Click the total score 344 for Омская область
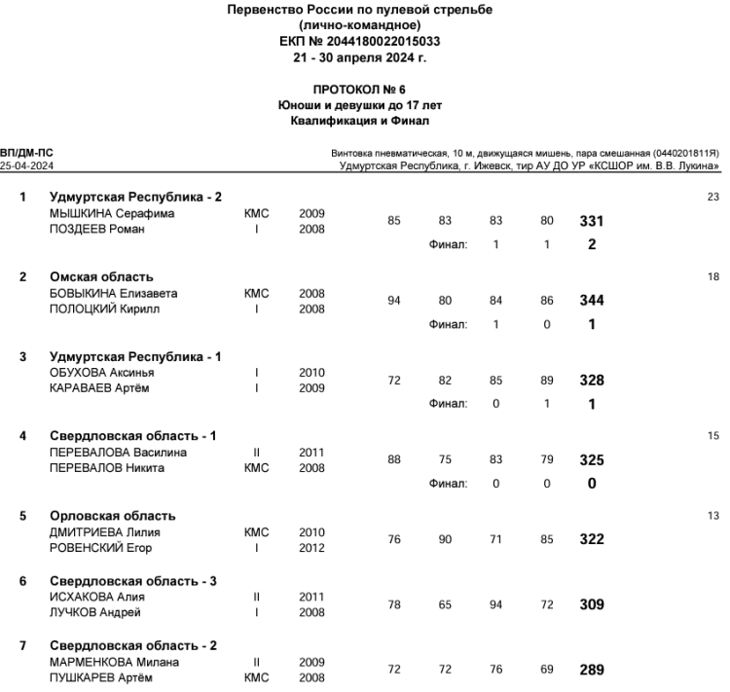591,301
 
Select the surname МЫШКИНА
83,213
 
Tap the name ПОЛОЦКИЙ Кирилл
104,310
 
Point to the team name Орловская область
113,516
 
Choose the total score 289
591,671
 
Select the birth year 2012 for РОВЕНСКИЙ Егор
312,548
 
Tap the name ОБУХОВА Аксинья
102,373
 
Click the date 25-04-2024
27,166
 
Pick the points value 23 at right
712,198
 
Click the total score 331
591,222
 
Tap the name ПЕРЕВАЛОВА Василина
118,453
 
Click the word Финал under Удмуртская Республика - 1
448,404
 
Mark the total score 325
591,460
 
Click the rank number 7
24,646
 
